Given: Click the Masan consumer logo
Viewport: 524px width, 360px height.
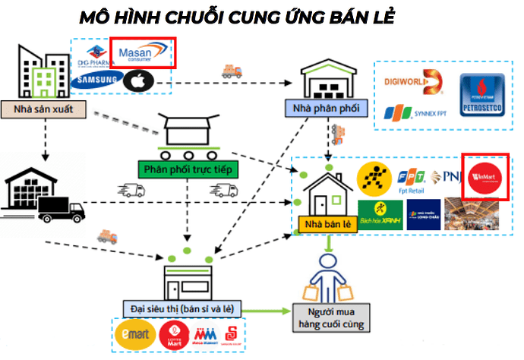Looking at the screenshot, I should [144, 52].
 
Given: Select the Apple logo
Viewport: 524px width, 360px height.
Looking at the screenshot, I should [139, 79].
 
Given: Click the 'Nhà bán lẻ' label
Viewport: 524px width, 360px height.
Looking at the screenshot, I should [326, 224].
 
